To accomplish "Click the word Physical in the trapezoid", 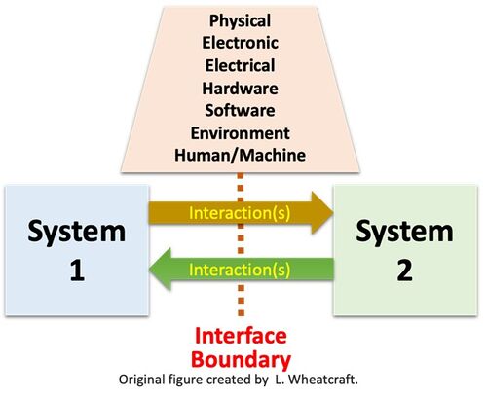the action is [x=240, y=21].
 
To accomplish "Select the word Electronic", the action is [x=241, y=43].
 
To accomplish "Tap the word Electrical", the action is [x=241, y=65].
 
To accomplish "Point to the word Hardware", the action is [x=241, y=89].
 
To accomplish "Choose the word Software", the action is [x=241, y=110].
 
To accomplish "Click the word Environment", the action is [x=241, y=133].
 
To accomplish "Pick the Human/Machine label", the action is [x=241, y=155].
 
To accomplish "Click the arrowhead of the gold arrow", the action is [x=322, y=213].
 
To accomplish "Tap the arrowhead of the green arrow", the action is [x=160, y=270].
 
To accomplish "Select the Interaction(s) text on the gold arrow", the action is [x=240, y=213].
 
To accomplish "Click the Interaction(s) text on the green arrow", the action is [x=240, y=270].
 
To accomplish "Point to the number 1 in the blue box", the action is [x=77, y=271].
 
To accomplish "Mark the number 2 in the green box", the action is [x=405, y=271].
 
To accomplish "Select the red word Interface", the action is [x=241, y=336].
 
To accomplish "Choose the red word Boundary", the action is [x=242, y=360].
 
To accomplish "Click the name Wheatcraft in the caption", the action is [x=322, y=380].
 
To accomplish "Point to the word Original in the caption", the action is [x=142, y=380].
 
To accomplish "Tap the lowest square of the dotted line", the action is [x=241, y=313].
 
